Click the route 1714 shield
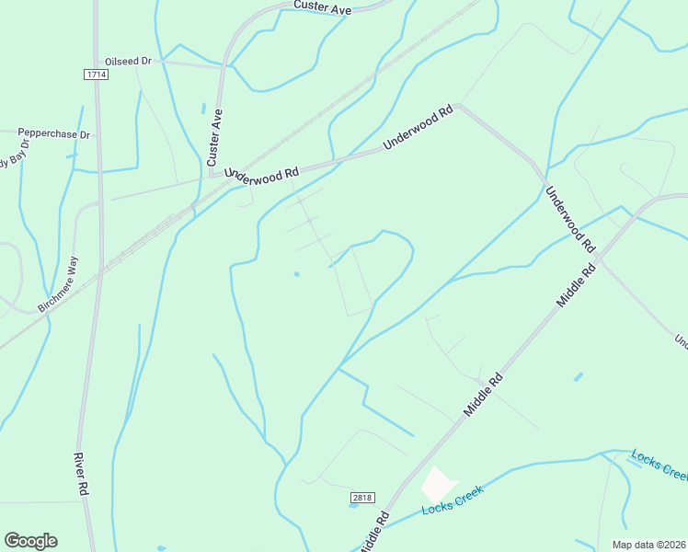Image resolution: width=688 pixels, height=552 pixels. click(x=95, y=74)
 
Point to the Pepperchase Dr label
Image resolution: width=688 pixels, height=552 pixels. click(x=54, y=134)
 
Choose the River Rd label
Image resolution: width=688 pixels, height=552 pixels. click(x=81, y=475)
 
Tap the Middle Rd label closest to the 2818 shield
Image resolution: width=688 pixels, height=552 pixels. click(x=373, y=532)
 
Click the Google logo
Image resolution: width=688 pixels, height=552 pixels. click(x=30, y=541)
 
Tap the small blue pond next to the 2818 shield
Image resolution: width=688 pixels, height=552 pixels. click(x=353, y=505)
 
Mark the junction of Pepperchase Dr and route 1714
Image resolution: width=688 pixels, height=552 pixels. click(x=97, y=134)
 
